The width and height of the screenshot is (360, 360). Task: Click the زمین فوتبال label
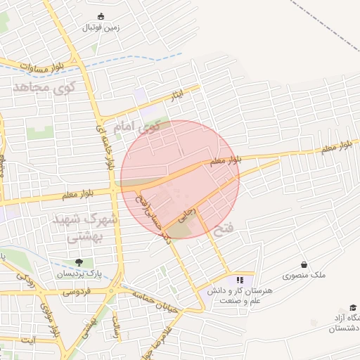point(102,28)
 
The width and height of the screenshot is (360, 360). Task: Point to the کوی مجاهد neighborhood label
point(42,88)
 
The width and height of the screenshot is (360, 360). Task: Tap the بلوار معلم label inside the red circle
point(226,161)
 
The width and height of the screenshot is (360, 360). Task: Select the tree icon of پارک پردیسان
point(78,262)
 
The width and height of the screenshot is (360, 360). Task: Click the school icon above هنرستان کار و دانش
point(239,279)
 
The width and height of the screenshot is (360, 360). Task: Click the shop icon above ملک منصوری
point(304,264)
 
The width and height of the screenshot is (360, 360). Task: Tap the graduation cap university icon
point(353,308)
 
